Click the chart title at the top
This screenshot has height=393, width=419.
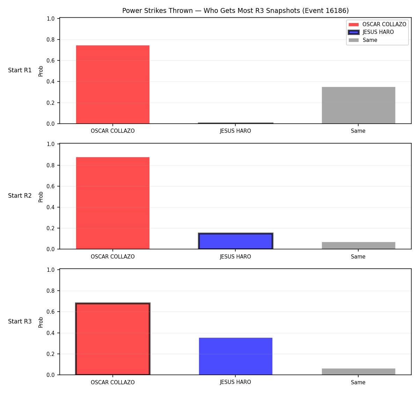[235, 10]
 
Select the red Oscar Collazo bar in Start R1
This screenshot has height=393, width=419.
[113, 85]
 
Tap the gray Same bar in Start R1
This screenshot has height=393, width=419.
[358, 105]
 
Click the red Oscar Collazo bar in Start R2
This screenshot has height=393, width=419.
[113, 203]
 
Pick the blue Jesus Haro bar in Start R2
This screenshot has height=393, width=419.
[235, 241]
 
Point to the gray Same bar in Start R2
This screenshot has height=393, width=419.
[358, 246]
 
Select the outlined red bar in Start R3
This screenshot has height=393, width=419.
[113, 339]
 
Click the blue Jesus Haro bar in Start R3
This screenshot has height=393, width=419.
[235, 356]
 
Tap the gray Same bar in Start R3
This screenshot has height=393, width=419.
[358, 372]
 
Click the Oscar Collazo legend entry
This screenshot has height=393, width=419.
[377, 24]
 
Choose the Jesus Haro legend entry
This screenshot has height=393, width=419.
[371, 32]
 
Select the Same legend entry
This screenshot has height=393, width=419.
[363, 40]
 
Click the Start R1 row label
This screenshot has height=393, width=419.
[20, 70]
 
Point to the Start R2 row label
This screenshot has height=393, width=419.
[20, 196]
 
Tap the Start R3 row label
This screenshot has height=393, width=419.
[20, 321]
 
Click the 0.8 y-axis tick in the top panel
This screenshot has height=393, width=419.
[50, 40]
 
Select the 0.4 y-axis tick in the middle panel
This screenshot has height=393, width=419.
[50, 207]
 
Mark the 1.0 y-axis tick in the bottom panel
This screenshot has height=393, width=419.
[50, 270]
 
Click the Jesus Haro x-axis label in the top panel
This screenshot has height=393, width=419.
[235, 131]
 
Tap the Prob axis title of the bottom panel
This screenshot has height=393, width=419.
[41, 322]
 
